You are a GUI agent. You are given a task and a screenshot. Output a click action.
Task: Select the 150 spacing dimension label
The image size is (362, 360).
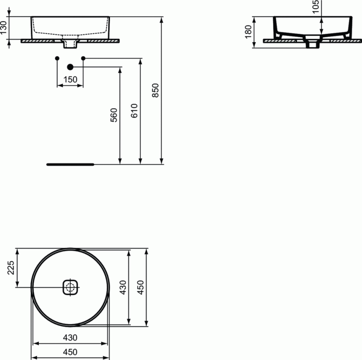click(x=70, y=80)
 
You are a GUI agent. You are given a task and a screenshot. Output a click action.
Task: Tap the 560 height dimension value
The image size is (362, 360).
click(x=114, y=115)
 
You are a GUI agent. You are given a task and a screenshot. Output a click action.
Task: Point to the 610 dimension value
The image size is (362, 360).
click(x=134, y=111)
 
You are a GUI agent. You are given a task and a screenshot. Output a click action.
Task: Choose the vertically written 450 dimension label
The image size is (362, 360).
click(x=141, y=287)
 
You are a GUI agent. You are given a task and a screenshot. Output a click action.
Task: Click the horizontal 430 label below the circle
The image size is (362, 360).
click(x=70, y=337)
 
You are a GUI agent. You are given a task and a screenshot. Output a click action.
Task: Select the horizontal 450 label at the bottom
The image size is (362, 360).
click(x=70, y=352)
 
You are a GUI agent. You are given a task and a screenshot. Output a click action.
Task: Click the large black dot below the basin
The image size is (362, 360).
click(x=70, y=67)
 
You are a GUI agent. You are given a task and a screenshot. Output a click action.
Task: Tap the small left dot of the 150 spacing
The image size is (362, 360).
click(x=57, y=58)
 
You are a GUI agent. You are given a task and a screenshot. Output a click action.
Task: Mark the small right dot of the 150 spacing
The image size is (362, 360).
click(x=83, y=58)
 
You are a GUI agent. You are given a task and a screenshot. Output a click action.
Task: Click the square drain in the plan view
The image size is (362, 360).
click(x=70, y=287)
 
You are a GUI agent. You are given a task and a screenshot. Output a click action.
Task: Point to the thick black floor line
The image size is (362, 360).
click(x=70, y=164)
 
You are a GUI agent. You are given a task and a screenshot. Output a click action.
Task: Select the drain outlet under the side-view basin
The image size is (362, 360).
click(x=312, y=44)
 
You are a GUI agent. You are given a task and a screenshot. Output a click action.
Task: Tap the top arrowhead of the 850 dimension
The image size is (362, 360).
click(x=162, y=19)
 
